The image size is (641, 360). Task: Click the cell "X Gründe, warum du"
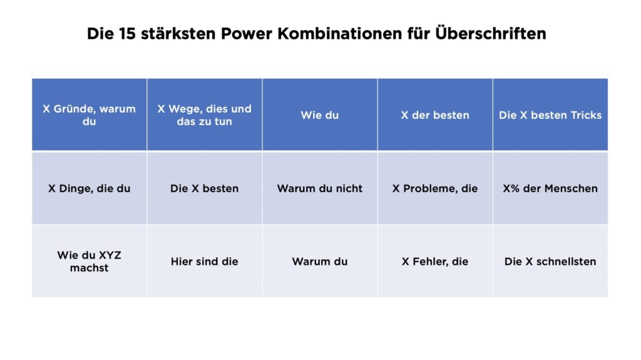(89, 115)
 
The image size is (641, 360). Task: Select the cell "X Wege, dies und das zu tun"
(204, 115)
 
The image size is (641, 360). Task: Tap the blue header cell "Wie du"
(319, 115)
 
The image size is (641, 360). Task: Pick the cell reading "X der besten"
(435, 115)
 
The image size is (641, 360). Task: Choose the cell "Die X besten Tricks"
(550, 115)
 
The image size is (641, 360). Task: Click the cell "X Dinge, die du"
(89, 188)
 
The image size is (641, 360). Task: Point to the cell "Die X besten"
(204, 188)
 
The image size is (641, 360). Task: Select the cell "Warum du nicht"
(319, 188)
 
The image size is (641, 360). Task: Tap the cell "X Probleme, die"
(435, 188)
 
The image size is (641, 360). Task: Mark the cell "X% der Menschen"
(550, 188)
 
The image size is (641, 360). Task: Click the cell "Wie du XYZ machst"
(89, 261)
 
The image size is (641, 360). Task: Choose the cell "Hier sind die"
(204, 261)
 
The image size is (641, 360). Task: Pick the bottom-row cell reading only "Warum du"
(319, 261)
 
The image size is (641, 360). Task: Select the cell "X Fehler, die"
(435, 261)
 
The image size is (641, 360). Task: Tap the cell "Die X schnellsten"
(550, 261)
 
